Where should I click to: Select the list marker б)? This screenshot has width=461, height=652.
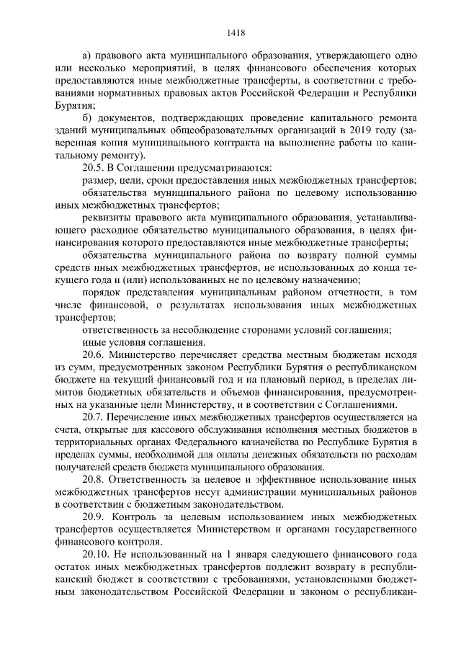(x=88, y=118)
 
